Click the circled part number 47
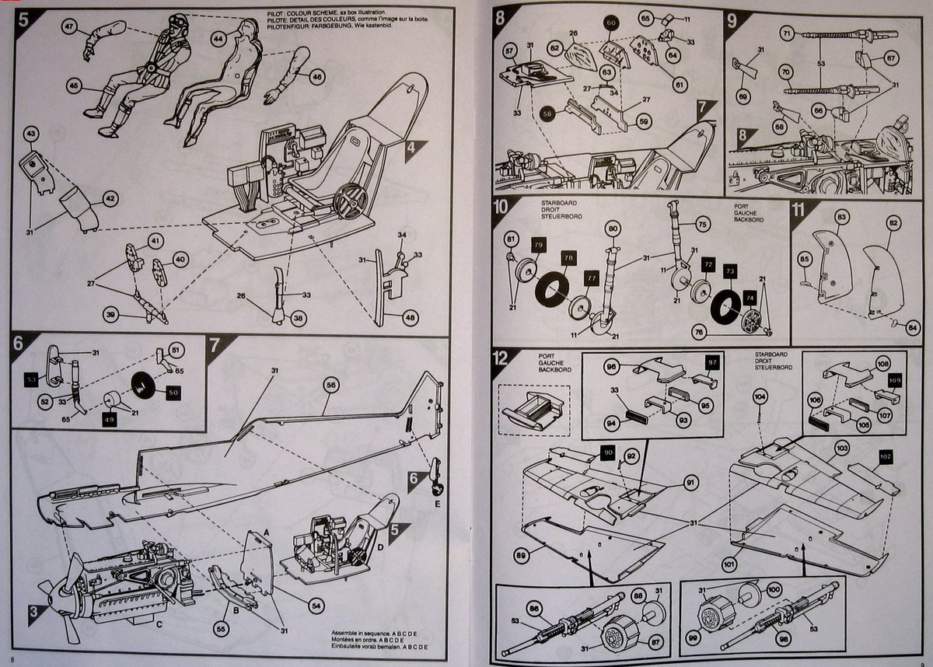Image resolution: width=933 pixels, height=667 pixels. click(x=70, y=28)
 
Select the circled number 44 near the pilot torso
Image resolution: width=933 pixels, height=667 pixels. click(x=218, y=37)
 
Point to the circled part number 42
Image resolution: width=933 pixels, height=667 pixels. click(x=111, y=198)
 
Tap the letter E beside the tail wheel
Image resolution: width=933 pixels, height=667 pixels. click(x=439, y=503)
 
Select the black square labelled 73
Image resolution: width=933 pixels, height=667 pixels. click(x=729, y=270)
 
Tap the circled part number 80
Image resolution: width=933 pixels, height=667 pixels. click(x=613, y=229)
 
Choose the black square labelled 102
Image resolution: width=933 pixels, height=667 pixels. click(x=886, y=456)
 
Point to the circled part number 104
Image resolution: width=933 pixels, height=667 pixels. click(x=760, y=396)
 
